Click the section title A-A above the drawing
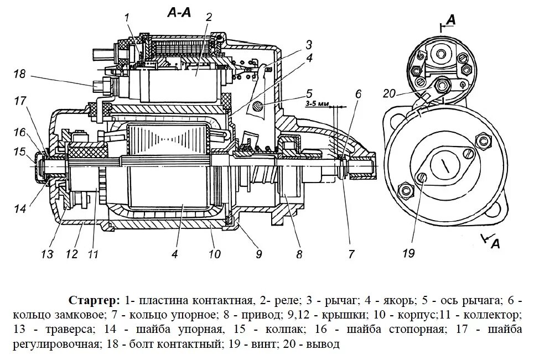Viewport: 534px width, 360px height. click(x=179, y=13)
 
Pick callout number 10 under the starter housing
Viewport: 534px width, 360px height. click(x=215, y=254)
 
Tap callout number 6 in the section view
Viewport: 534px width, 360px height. click(x=358, y=94)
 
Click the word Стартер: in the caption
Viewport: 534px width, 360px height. click(x=94, y=300)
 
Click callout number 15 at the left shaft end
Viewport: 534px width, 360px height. click(x=20, y=151)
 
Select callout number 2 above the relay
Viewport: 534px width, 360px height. click(x=209, y=17)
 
